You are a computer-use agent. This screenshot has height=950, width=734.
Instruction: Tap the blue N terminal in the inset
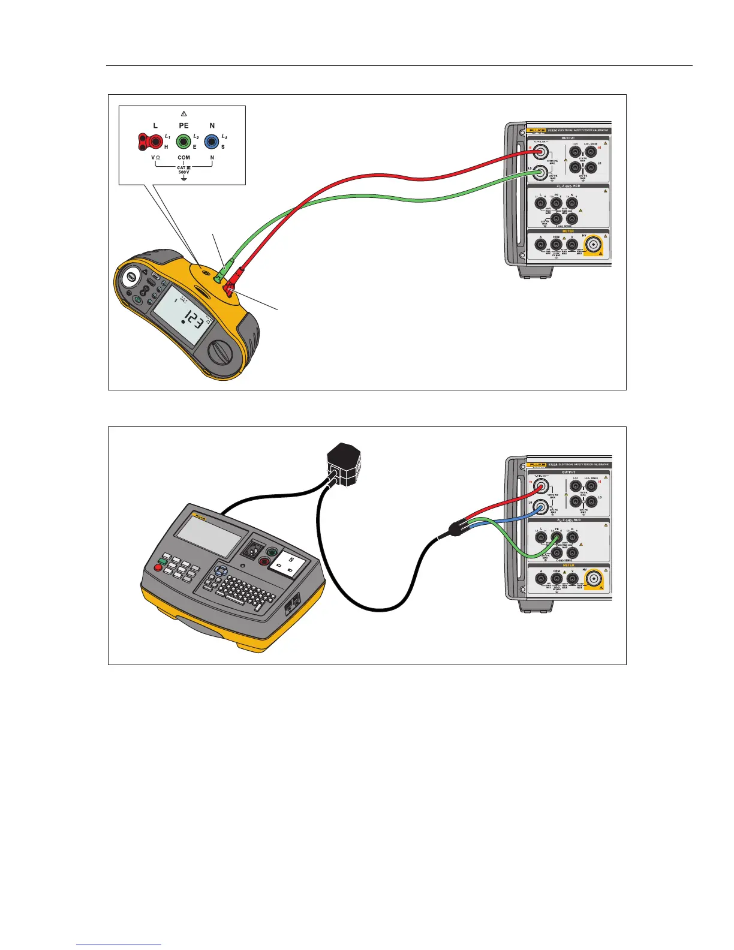point(211,142)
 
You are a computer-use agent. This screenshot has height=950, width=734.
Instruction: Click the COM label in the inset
point(184,157)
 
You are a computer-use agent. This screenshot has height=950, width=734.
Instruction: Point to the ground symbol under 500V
point(183,178)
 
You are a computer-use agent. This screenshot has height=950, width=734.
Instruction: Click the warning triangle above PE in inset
point(183,113)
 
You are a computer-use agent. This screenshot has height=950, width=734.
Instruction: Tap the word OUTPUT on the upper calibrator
point(568,137)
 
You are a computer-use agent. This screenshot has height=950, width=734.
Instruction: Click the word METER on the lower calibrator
point(568,565)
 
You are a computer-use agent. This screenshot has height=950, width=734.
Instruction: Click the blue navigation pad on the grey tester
point(221,570)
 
